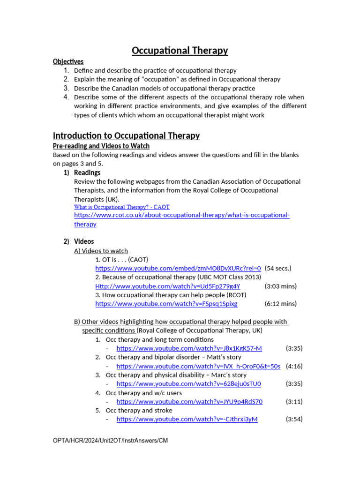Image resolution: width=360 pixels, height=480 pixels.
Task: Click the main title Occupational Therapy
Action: [180, 50]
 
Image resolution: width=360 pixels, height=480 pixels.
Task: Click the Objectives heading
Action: [68, 61]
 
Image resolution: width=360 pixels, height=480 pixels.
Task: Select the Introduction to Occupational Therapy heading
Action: [126, 135]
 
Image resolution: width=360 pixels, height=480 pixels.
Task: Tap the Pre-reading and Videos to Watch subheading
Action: [101, 146]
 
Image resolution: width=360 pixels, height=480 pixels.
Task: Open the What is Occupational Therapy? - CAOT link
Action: [122, 207]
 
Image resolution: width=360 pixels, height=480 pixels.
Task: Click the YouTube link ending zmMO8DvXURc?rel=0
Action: [178, 269]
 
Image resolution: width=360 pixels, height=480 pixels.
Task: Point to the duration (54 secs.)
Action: [278, 269]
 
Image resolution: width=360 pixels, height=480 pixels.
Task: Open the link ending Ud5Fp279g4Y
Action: [167, 286]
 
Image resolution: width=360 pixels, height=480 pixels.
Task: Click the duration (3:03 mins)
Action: [280, 286]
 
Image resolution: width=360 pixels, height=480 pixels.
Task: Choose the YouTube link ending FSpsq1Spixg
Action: [166, 304]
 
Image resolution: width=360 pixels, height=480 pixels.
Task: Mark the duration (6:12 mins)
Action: [280, 304]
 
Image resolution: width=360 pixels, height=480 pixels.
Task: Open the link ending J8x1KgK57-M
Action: [189, 348]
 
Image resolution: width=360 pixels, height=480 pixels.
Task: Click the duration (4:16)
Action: [294, 366]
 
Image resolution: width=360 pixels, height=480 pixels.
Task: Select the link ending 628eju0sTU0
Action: [188, 384]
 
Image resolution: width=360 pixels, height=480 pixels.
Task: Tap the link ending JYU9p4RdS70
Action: [189, 402]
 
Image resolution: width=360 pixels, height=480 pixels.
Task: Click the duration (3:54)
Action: [294, 419]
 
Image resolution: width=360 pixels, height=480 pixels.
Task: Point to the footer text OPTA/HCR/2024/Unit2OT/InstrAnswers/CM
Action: [110, 441]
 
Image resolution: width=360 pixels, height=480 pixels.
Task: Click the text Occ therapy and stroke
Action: [139, 411]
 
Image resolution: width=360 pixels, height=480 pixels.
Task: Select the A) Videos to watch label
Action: [101, 251]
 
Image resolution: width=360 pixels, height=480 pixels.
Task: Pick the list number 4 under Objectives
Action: [67, 97]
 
